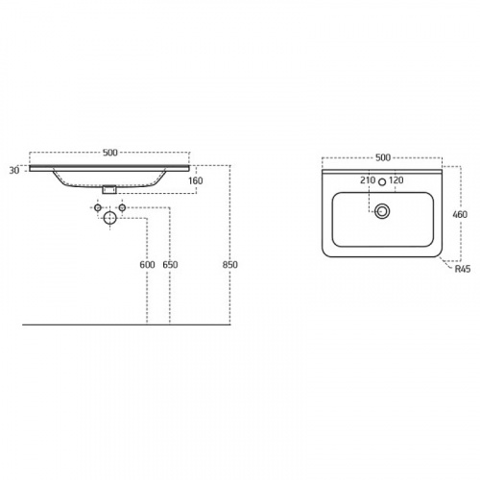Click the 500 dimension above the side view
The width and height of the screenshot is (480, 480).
point(110,153)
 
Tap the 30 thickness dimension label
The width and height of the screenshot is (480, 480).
point(14,171)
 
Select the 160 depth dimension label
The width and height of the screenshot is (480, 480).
point(196,180)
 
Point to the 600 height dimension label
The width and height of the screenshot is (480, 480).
point(147,265)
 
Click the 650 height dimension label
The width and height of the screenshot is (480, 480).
point(170,265)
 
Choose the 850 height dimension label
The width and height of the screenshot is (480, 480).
point(230,265)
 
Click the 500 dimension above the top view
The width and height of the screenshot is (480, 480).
point(383,157)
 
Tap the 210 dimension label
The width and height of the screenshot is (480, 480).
point(368,180)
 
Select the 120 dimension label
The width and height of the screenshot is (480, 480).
point(396,180)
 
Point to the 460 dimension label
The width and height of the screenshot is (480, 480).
point(460,214)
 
